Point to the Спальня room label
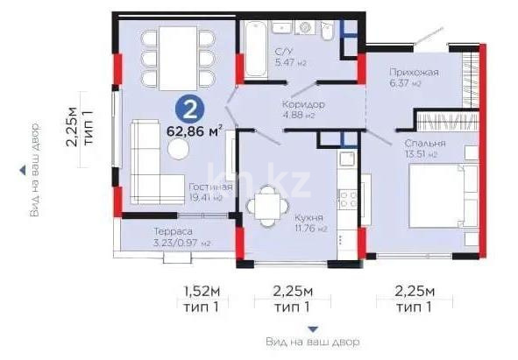tap(425, 143)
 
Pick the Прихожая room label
tap(413, 72)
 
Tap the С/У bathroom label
tap(283, 50)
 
